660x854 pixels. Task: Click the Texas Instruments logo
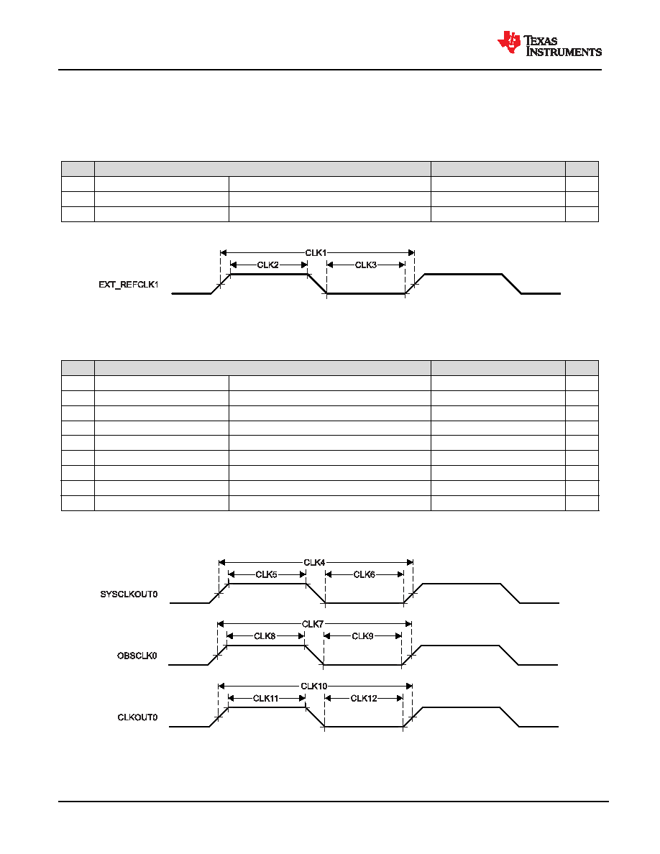pos(549,43)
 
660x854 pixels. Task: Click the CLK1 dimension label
pos(316,253)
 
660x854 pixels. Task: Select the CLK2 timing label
pos(268,265)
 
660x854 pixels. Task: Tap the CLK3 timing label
pos(366,265)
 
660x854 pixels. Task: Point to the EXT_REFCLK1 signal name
pos(129,284)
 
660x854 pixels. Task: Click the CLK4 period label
pos(314,562)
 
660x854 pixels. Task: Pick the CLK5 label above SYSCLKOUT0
pos(266,574)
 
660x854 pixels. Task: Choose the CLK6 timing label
pos(365,574)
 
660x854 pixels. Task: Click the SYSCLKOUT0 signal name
pos(129,594)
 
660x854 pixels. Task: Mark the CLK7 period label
pos(313,624)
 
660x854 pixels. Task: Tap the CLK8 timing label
pos(265,635)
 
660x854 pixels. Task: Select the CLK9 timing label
pos(362,635)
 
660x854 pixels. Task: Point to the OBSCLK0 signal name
pos(137,655)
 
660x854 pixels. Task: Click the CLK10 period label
pos(314,686)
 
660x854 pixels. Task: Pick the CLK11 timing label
pos(266,698)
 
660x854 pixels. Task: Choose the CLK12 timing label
pos(364,698)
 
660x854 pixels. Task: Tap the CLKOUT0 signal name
pos(138,717)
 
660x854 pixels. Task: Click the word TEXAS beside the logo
pos(541,41)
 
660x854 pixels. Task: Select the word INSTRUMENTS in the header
pos(564,52)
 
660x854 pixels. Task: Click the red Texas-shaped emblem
pos(509,42)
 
